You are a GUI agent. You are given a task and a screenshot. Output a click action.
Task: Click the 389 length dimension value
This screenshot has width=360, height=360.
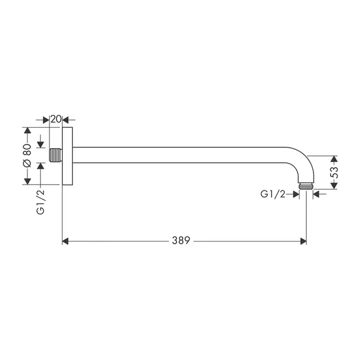point(181,241)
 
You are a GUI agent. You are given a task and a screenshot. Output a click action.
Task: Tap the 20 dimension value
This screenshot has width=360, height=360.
point(56,119)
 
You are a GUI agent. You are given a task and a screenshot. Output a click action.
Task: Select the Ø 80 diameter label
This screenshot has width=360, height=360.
point(27,156)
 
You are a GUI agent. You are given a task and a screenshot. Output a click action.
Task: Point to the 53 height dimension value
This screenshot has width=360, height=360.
point(334,173)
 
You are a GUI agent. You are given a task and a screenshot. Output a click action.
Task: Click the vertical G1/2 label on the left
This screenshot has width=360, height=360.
point(41,202)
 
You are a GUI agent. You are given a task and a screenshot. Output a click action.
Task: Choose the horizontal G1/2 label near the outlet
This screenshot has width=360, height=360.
point(273,195)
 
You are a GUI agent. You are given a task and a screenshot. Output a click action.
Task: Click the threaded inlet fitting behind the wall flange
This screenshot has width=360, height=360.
point(56,155)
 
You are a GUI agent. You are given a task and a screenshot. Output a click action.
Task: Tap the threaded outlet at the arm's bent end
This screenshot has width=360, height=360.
point(306,186)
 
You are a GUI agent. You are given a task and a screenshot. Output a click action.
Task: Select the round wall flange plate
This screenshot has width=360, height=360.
point(67,156)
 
